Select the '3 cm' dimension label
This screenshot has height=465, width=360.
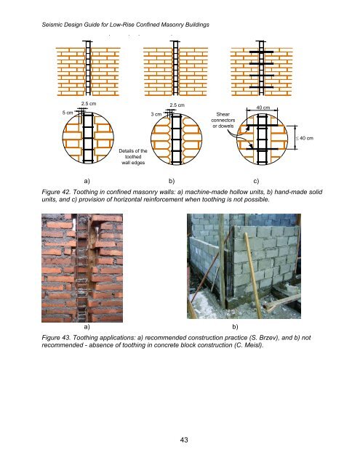click(156, 114)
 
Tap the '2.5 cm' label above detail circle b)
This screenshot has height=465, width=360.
click(177, 105)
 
